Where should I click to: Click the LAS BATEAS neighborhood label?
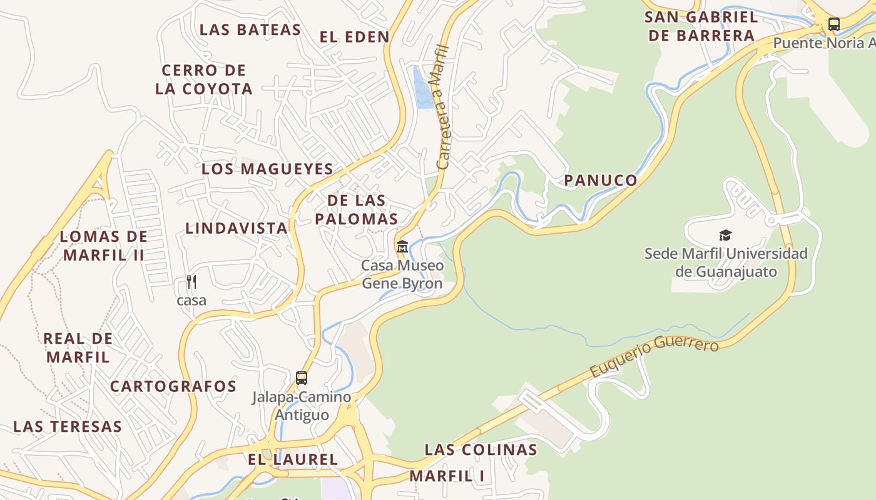[x=250, y=29]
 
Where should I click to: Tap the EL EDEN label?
[x=354, y=37]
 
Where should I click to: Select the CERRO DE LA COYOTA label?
[x=204, y=79]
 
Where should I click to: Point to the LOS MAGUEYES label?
[x=267, y=169]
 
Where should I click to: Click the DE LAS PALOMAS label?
[x=357, y=209]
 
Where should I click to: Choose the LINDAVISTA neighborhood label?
[x=237, y=228]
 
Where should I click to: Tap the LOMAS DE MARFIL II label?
[x=104, y=246]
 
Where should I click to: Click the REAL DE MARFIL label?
[x=78, y=347]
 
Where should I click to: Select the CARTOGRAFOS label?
[x=173, y=386]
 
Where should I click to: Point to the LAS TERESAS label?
[x=68, y=427]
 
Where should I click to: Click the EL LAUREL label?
[x=293, y=459]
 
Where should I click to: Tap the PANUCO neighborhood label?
[x=601, y=181]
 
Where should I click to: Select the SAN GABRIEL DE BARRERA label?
[x=701, y=26]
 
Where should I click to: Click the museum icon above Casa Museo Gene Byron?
[x=402, y=247]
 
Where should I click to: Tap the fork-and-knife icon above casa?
[x=191, y=282]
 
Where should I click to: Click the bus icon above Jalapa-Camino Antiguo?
[x=302, y=378]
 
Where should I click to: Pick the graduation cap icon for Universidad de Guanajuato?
[x=725, y=236]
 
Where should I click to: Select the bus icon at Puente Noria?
[x=833, y=24]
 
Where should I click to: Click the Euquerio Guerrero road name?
[x=654, y=356]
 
